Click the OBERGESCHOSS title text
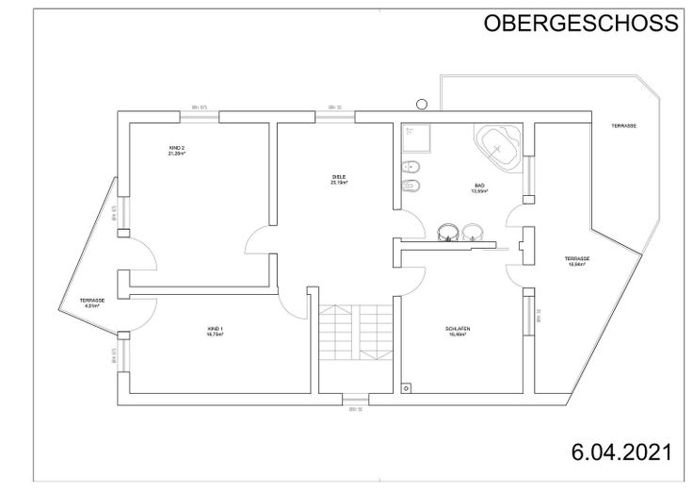580,24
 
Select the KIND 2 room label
177,151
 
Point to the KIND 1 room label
216,331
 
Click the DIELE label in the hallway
339,179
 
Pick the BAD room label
478,188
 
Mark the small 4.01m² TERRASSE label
91,302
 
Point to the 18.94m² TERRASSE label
576,261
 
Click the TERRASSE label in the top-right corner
623,125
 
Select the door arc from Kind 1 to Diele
294,303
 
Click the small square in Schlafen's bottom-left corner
406,385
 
